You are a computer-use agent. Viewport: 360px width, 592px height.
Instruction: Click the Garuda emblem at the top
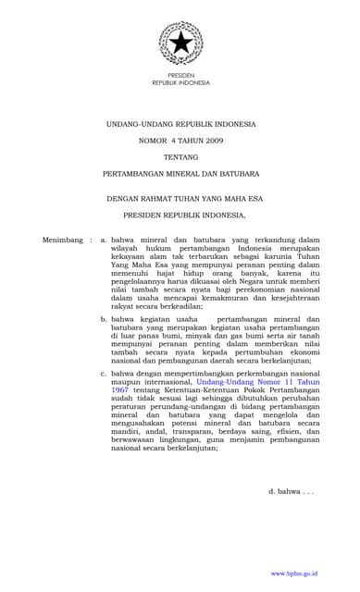180,43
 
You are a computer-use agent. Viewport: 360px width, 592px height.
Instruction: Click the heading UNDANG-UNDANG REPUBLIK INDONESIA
180,123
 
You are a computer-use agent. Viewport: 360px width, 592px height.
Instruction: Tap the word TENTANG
180,156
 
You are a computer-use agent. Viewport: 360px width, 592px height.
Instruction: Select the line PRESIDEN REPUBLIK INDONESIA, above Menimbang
180,216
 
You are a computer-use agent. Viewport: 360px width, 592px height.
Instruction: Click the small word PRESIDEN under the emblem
180,74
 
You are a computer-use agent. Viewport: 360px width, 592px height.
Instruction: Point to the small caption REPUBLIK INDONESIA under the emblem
180,81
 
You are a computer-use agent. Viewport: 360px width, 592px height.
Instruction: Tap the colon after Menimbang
92,240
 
